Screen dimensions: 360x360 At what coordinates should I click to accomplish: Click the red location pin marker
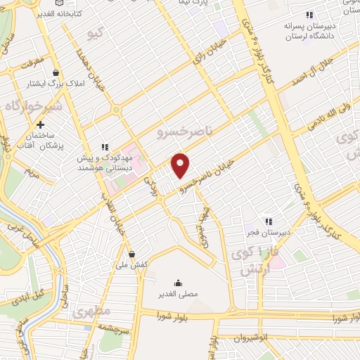[181, 166]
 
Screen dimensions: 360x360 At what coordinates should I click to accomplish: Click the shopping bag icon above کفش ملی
[132, 254]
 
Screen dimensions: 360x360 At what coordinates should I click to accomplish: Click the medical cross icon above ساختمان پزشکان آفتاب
[41, 124]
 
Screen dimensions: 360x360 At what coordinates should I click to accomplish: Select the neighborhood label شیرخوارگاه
[29, 106]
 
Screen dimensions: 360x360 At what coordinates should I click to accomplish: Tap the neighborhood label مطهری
[88, 311]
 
